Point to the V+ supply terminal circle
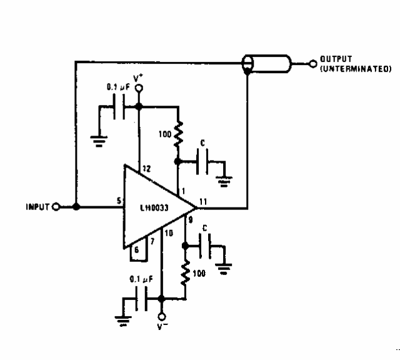[x=139, y=88]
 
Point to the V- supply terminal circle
[x=161, y=316]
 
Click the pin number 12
[x=146, y=168]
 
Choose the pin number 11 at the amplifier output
[x=202, y=201]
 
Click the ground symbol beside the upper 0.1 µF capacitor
[x=98, y=139]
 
